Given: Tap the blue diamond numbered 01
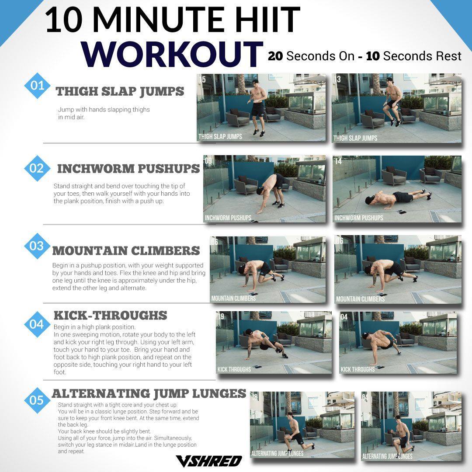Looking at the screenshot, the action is (x=37, y=86).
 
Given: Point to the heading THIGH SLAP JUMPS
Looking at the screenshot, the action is (x=120, y=91).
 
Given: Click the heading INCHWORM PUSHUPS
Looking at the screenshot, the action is (x=128, y=169).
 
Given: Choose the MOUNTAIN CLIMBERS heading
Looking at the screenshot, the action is (x=126, y=251).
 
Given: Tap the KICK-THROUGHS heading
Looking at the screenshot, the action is (x=110, y=316).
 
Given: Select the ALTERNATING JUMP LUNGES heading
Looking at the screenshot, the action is (x=149, y=393).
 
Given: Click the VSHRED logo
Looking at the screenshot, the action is (x=208, y=461).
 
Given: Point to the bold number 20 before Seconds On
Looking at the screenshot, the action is (x=275, y=56).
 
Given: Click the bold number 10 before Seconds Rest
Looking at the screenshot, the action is (x=373, y=56).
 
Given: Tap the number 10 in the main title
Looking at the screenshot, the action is (x=64, y=20).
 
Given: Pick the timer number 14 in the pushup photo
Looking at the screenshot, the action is (x=338, y=161).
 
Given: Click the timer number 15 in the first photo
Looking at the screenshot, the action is (x=202, y=80).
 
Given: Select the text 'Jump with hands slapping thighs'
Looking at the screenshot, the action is (x=104, y=110).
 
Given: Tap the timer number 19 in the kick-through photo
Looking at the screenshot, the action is (x=221, y=316).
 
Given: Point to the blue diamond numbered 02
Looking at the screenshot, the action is (x=37, y=168).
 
